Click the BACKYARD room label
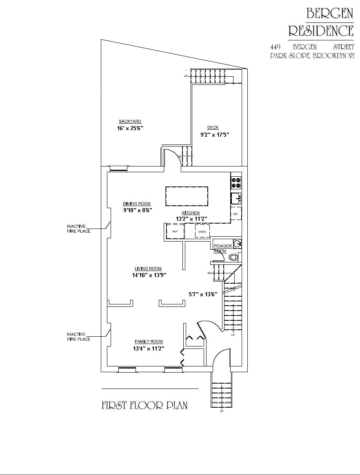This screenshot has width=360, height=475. pyautogui.click(x=130, y=121)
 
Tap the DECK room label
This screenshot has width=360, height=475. pyautogui.click(x=213, y=128)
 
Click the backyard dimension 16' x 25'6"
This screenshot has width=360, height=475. pyautogui.click(x=130, y=128)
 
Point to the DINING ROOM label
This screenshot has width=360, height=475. pyautogui.click(x=137, y=204)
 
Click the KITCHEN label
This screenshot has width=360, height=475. pyautogui.click(x=191, y=213)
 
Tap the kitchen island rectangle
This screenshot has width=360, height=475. pyautogui.click(x=187, y=196)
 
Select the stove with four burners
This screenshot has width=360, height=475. pyautogui.click(x=236, y=182)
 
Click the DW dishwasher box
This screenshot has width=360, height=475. pyautogui.click(x=236, y=214)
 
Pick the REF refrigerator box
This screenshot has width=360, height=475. pyautogui.click(x=175, y=231)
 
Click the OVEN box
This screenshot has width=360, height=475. pyautogui.click(x=202, y=231)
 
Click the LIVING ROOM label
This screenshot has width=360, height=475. pyautogui.click(x=148, y=269)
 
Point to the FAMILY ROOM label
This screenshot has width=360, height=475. pyautogui.click(x=149, y=342)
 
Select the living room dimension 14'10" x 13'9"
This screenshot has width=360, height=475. pyautogui.click(x=149, y=275)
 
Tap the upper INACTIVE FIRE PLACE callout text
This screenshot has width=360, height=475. pyautogui.click(x=79, y=229)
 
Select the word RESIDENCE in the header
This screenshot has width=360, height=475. pyautogui.click(x=321, y=31)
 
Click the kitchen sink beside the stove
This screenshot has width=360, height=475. pyautogui.click(x=236, y=199)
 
